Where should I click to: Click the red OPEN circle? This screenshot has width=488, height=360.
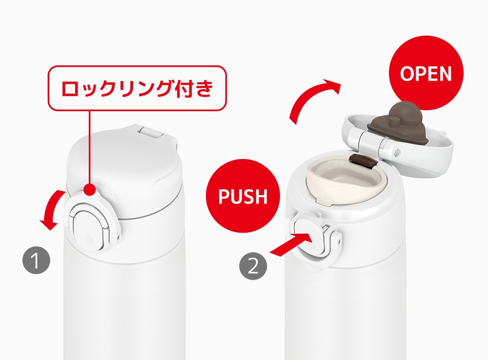click(x=426, y=73)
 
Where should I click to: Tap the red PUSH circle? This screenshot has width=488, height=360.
click(x=243, y=196)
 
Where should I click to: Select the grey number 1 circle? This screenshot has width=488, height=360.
click(x=37, y=260)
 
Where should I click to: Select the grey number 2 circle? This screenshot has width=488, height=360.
click(x=253, y=266)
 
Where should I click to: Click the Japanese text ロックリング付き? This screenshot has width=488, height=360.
click(x=137, y=88)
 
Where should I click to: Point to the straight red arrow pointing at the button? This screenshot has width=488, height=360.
click(x=291, y=244)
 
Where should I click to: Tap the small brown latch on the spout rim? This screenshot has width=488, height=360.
click(x=364, y=160)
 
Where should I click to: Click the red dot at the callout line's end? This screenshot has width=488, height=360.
click(x=90, y=189)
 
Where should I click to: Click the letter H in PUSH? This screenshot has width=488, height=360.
click(x=260, y=196)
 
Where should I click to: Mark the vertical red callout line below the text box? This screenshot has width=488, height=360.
click(x=90, y=147)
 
